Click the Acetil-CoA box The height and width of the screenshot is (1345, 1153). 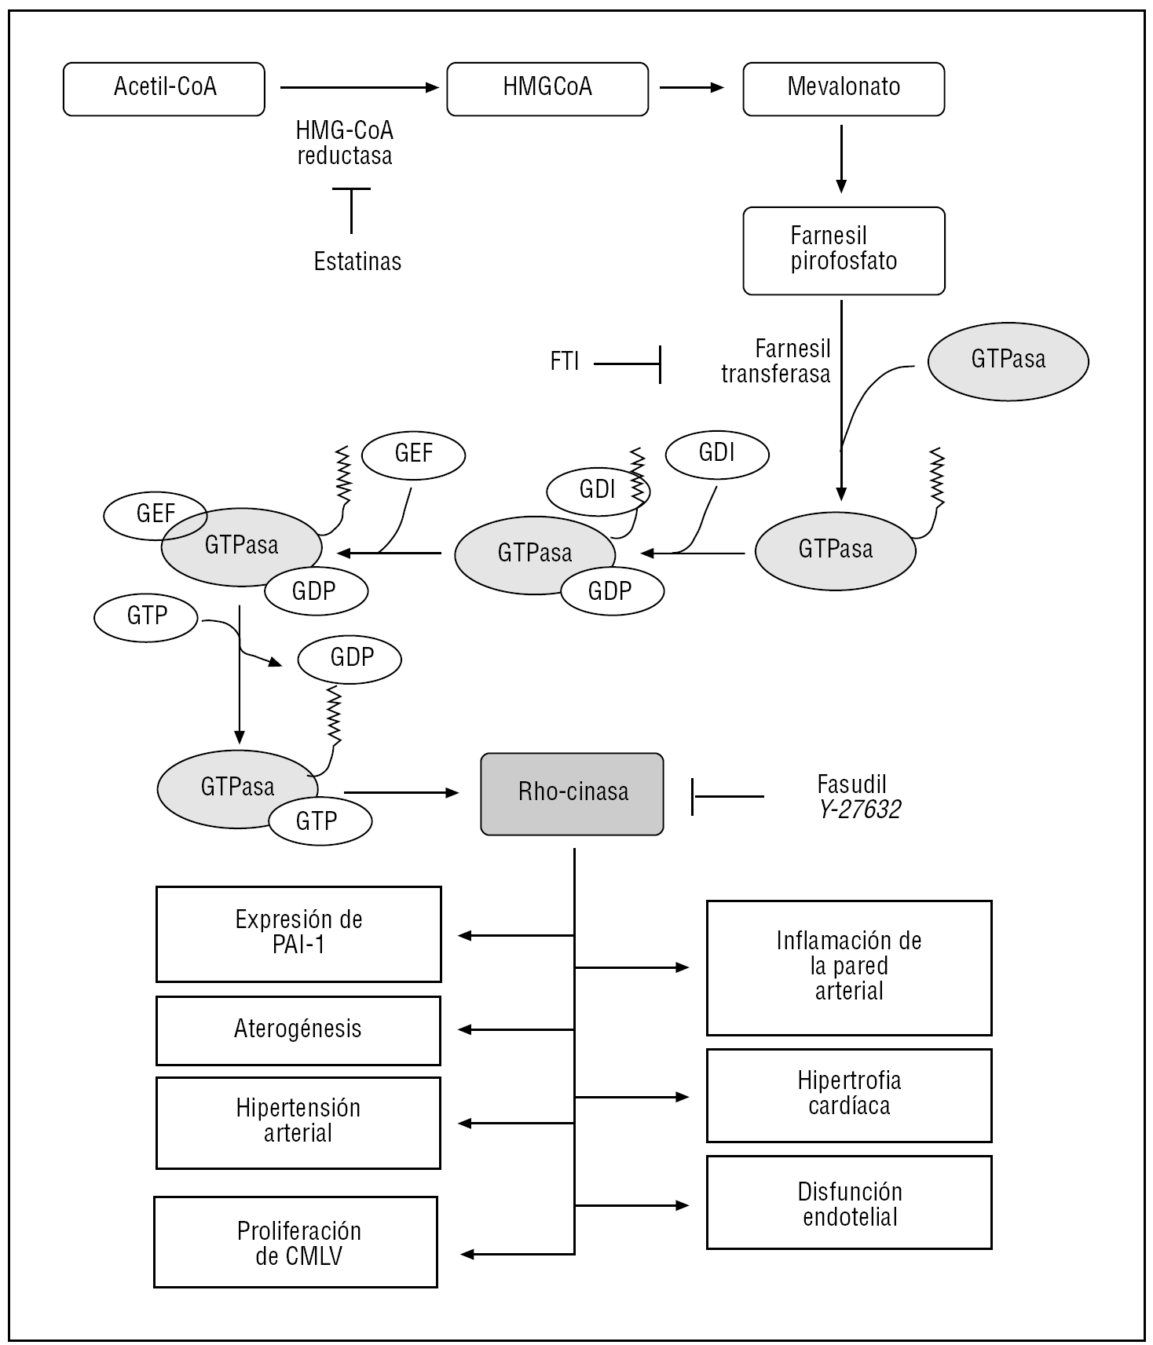tap(164, 89)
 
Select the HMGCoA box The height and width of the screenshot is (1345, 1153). tap(547, 89)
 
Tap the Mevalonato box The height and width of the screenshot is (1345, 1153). tap(844, 89)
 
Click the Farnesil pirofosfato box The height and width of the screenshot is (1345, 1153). tap(844, 250)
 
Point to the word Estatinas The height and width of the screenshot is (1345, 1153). tap(357, 261)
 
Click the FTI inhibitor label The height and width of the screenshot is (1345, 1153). tap(565, 361)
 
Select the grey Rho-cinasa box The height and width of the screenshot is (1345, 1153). tap(573, 793)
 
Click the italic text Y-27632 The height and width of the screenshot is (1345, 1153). tap(859, 810)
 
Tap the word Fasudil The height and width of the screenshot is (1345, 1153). tap(851, 784)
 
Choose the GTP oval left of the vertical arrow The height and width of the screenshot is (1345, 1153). tap(146, 617)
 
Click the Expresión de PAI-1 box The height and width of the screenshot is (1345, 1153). tap(298, 934)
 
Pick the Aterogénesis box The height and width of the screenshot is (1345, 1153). tap(298, 1030)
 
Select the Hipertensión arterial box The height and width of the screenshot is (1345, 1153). tap(298, 1122)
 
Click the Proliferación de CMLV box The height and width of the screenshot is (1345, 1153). tap(295, 1242)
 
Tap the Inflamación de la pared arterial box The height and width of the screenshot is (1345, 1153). tap(849, 967)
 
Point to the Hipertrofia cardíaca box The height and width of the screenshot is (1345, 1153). tap(849, 1095)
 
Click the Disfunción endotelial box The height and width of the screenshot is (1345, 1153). tap(849, 1202)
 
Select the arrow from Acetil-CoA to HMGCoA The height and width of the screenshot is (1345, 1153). tap(358, 88)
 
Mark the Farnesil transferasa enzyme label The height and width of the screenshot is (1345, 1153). tap(776, 361)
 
